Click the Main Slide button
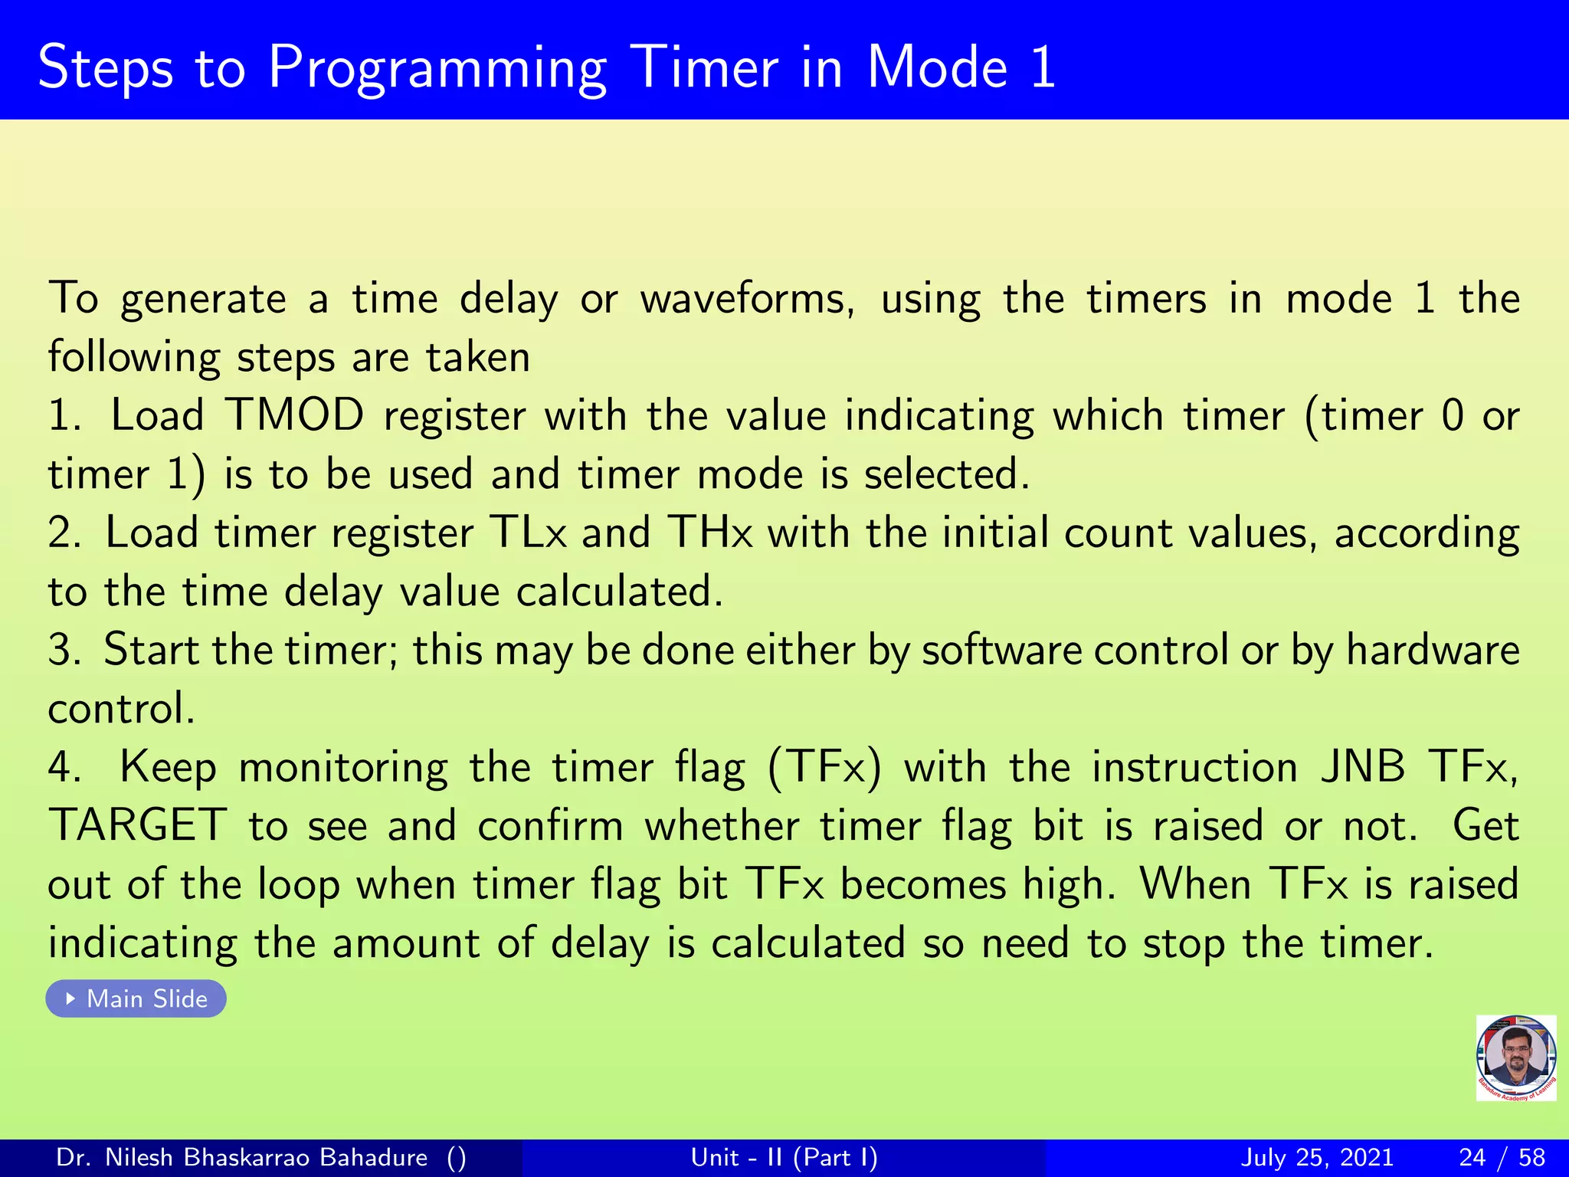[136, 998]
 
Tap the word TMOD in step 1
[295, 415]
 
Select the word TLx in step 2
[528, 533]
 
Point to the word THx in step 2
[710, 533]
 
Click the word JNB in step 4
[1363, 767]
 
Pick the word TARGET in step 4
[138, 826]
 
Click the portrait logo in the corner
[1515, 1057]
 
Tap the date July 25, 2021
[1316, 1157]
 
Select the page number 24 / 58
[1502, 1157]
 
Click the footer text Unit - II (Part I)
[784, 1157]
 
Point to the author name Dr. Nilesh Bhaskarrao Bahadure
[242, 1157]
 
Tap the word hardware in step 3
[1433, 650]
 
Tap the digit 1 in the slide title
[1043, 67]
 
